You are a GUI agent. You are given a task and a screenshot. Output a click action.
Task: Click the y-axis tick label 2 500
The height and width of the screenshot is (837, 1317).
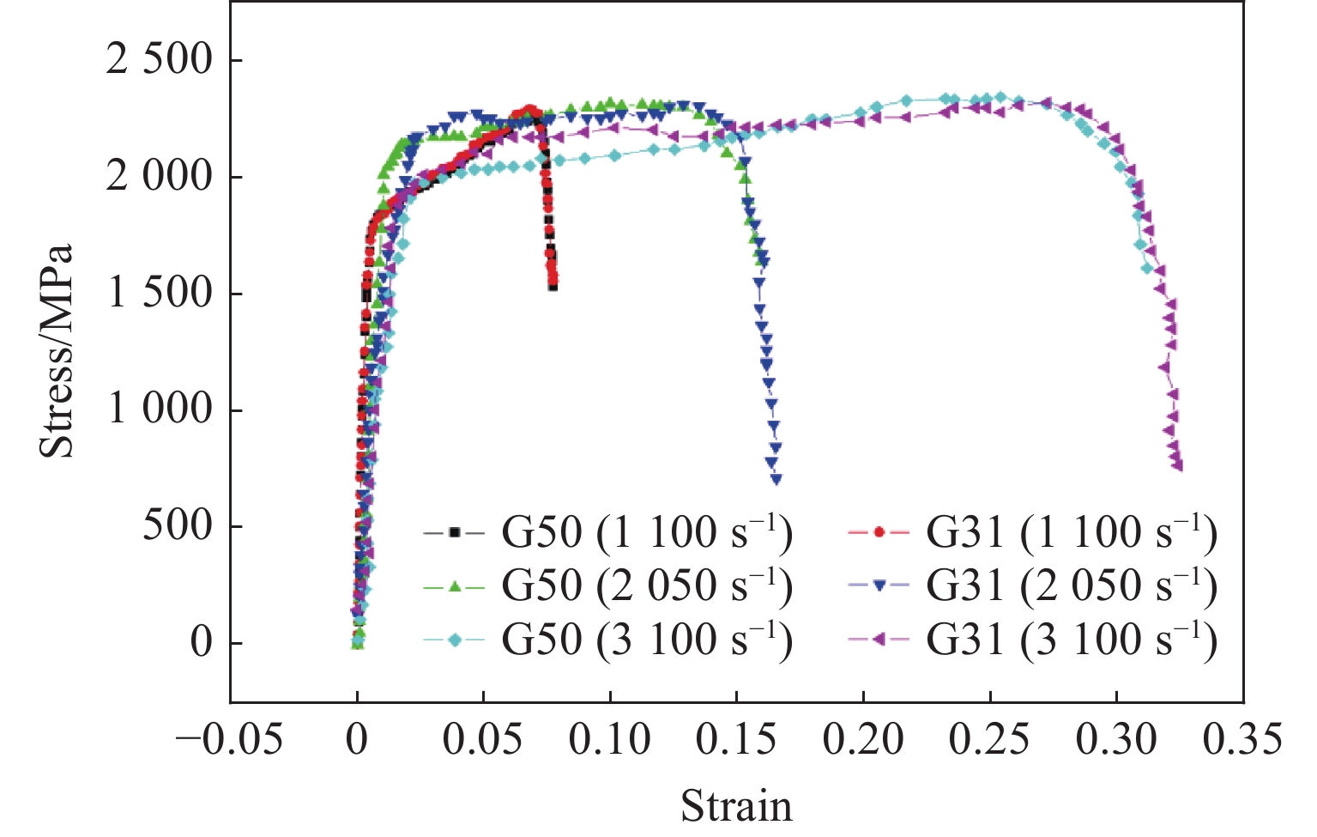(x=159, y=60)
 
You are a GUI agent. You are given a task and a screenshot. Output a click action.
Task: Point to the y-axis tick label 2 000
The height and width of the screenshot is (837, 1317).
(x=159, y=177)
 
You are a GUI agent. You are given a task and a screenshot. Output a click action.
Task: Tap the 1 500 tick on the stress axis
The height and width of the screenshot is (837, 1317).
(x=159, y=294)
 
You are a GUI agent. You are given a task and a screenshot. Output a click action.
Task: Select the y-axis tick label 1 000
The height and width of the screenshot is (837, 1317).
(x=159, y=409)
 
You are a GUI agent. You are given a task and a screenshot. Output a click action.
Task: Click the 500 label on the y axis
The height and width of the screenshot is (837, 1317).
(x=178, y=526)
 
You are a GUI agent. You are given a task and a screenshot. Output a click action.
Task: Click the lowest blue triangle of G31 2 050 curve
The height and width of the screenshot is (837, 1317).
(x=776, y=480)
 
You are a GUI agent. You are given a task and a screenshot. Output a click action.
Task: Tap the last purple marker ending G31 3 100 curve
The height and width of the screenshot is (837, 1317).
(x=1178, y=466)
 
